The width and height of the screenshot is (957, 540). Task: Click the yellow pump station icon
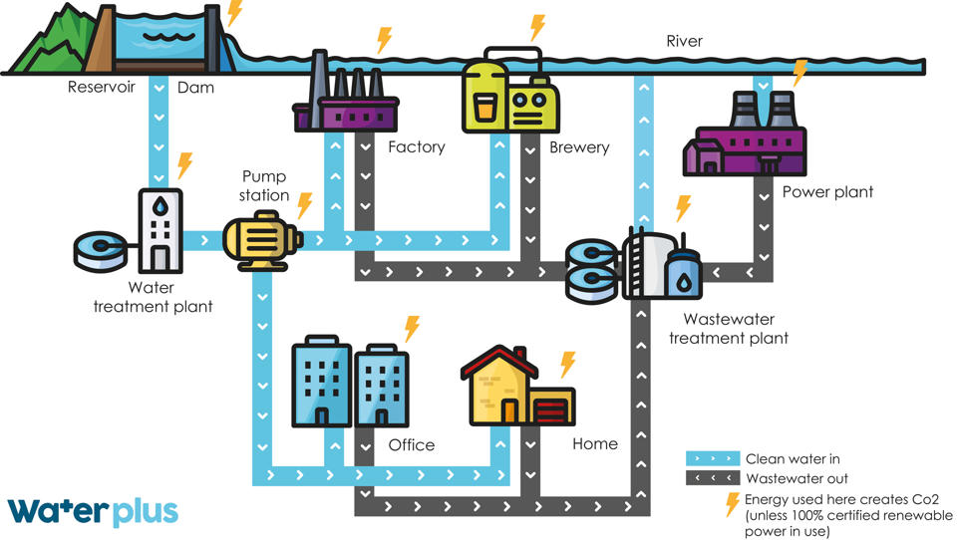pyautogui.click(x=262, y=240)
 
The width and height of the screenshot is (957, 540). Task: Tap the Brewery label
pyautogui.click(x=579, y=147)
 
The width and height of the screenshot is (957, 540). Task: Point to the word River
pyautogui.click(x=684, y=41)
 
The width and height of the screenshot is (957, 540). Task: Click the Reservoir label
pyautogui.click(x=102, y=87)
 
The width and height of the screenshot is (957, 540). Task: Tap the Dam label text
pyautogui.click(x=195, y=88)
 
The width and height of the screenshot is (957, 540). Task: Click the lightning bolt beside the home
pyautogui.click(x=567, y=364)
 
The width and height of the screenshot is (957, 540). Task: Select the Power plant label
pyautogui.click(x=827, y=192)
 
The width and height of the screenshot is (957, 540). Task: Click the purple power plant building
pyautogui.click(x=745, y=135)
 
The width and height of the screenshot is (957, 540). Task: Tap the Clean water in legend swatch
pyautogui.click(x=712, y=458)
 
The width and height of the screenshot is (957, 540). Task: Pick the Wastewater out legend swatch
pyautogui.click(x=712, y=478)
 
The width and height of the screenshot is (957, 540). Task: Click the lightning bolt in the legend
pyautogui.click(x=732, y=504)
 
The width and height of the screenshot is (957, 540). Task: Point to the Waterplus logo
pyautogui.click(x=93, y=511)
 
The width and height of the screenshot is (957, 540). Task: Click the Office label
pyautogui.click(x=412, y=444)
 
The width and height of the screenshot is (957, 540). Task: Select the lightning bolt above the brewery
pyautogui.click(x=537, y=28)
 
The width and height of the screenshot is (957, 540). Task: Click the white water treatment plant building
pyautogui.click(x=159, y=230)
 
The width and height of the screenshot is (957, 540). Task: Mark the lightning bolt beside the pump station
pyautogui.click(x=305, y=205)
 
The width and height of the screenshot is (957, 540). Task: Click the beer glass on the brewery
pyautogui.click(x=483, y=109)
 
